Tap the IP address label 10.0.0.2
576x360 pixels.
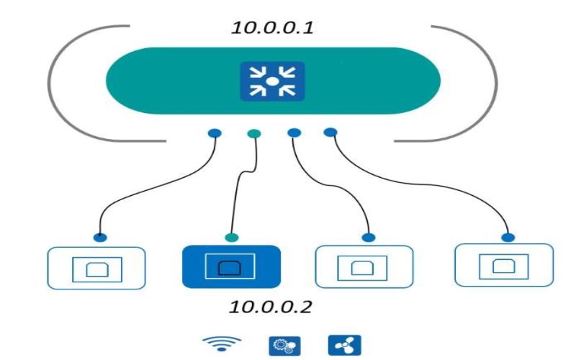270,307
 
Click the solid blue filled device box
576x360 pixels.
230,266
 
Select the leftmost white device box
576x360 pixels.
96,268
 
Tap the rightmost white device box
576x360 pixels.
504,265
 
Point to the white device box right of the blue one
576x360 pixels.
365,267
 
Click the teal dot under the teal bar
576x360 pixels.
253,133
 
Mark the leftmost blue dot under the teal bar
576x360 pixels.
215,133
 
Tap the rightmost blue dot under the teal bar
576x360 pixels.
330,132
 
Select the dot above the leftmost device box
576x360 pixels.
101,238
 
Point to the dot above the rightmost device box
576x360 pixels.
508,237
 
